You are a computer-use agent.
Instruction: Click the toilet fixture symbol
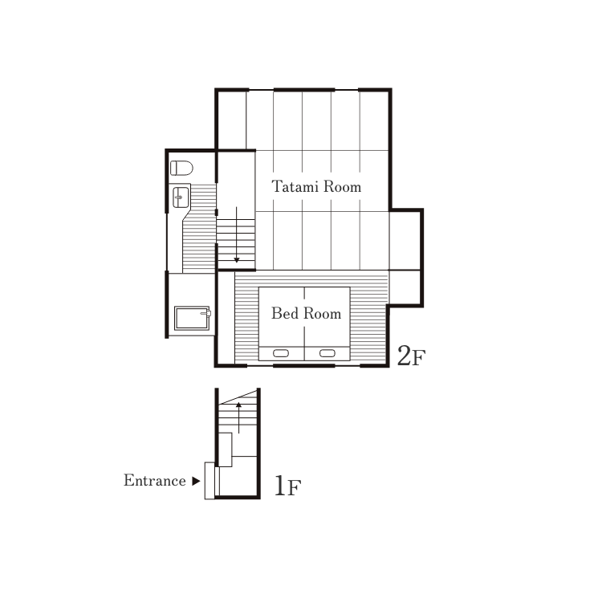click(x=181, y=168)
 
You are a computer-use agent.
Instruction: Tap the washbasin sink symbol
click(x=181, y=197)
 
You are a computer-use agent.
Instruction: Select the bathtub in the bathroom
click(x=192, y=318)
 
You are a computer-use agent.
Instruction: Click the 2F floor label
click(x=411, y=356)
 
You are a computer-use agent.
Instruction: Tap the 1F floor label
click(x=287, y=486)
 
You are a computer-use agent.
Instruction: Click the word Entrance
click(x=155, y=480)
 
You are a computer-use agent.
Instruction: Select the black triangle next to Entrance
click(x=196, y=481)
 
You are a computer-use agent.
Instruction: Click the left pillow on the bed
click(x=281, y=353)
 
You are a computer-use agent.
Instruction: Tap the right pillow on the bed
click(x=328, y=353)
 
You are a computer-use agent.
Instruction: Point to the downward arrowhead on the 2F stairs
click(x=236, y=260)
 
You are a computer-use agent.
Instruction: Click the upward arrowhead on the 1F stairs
click(x=238, y=405)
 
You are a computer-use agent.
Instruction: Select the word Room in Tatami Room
click(x=343, y=187)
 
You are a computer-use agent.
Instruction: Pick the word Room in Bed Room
click(x=323, y=314)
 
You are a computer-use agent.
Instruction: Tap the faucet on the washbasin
click(x=178, y=197)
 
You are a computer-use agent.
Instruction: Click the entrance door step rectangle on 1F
click(x=210, y=481)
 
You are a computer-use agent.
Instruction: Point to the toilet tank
click(x=173, y=168)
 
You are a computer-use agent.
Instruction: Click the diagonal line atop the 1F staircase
click(x=238, y=397)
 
